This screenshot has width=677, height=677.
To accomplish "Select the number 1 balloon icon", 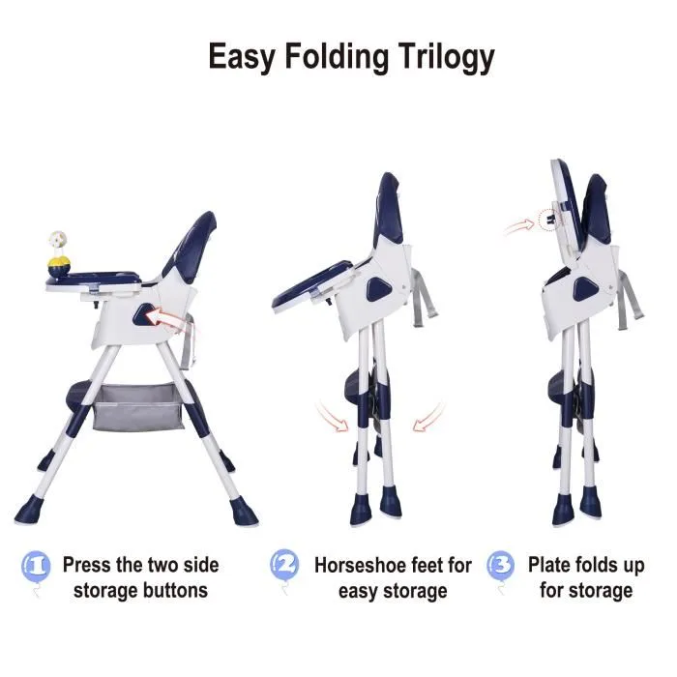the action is (37, 567).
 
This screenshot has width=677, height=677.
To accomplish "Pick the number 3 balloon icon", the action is (501, 566).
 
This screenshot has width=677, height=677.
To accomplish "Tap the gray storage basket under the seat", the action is (137, 407).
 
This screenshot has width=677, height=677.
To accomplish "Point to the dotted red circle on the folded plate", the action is (549, 220).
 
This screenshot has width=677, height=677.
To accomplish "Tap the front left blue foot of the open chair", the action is (29, 510).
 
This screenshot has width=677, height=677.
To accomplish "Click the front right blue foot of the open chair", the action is (243, 512).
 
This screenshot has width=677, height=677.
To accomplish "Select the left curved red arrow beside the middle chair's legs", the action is (332, 417).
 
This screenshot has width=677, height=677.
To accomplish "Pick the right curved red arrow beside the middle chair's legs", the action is (428, 417).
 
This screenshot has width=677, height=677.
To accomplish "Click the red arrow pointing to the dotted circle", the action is (519, 227).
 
